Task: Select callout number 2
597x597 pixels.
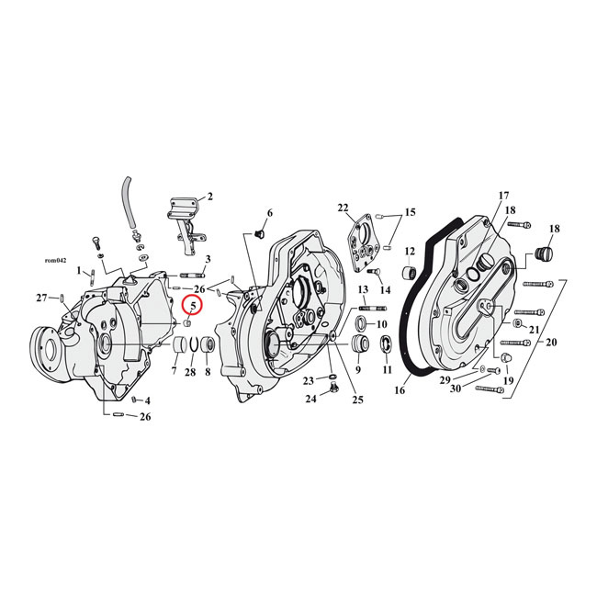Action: click(209, 196)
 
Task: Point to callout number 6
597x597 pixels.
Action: click(269, 213)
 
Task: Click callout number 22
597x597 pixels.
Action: click(344, 208)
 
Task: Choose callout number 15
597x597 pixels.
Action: click(410, 212)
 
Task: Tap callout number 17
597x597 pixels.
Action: click(502, 196)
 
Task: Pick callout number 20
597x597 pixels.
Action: click(550, 342)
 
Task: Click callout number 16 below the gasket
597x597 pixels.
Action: click(400, 390)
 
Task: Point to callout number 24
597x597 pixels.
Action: click(311, 399)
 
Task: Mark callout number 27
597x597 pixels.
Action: click(41, 298)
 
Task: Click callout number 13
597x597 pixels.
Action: click(363, 288)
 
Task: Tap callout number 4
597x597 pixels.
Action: click(147, 400)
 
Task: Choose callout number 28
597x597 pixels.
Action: click(189, 372)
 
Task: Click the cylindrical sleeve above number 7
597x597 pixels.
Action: click(175, 349)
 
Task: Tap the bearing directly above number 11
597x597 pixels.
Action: click(385, 345)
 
